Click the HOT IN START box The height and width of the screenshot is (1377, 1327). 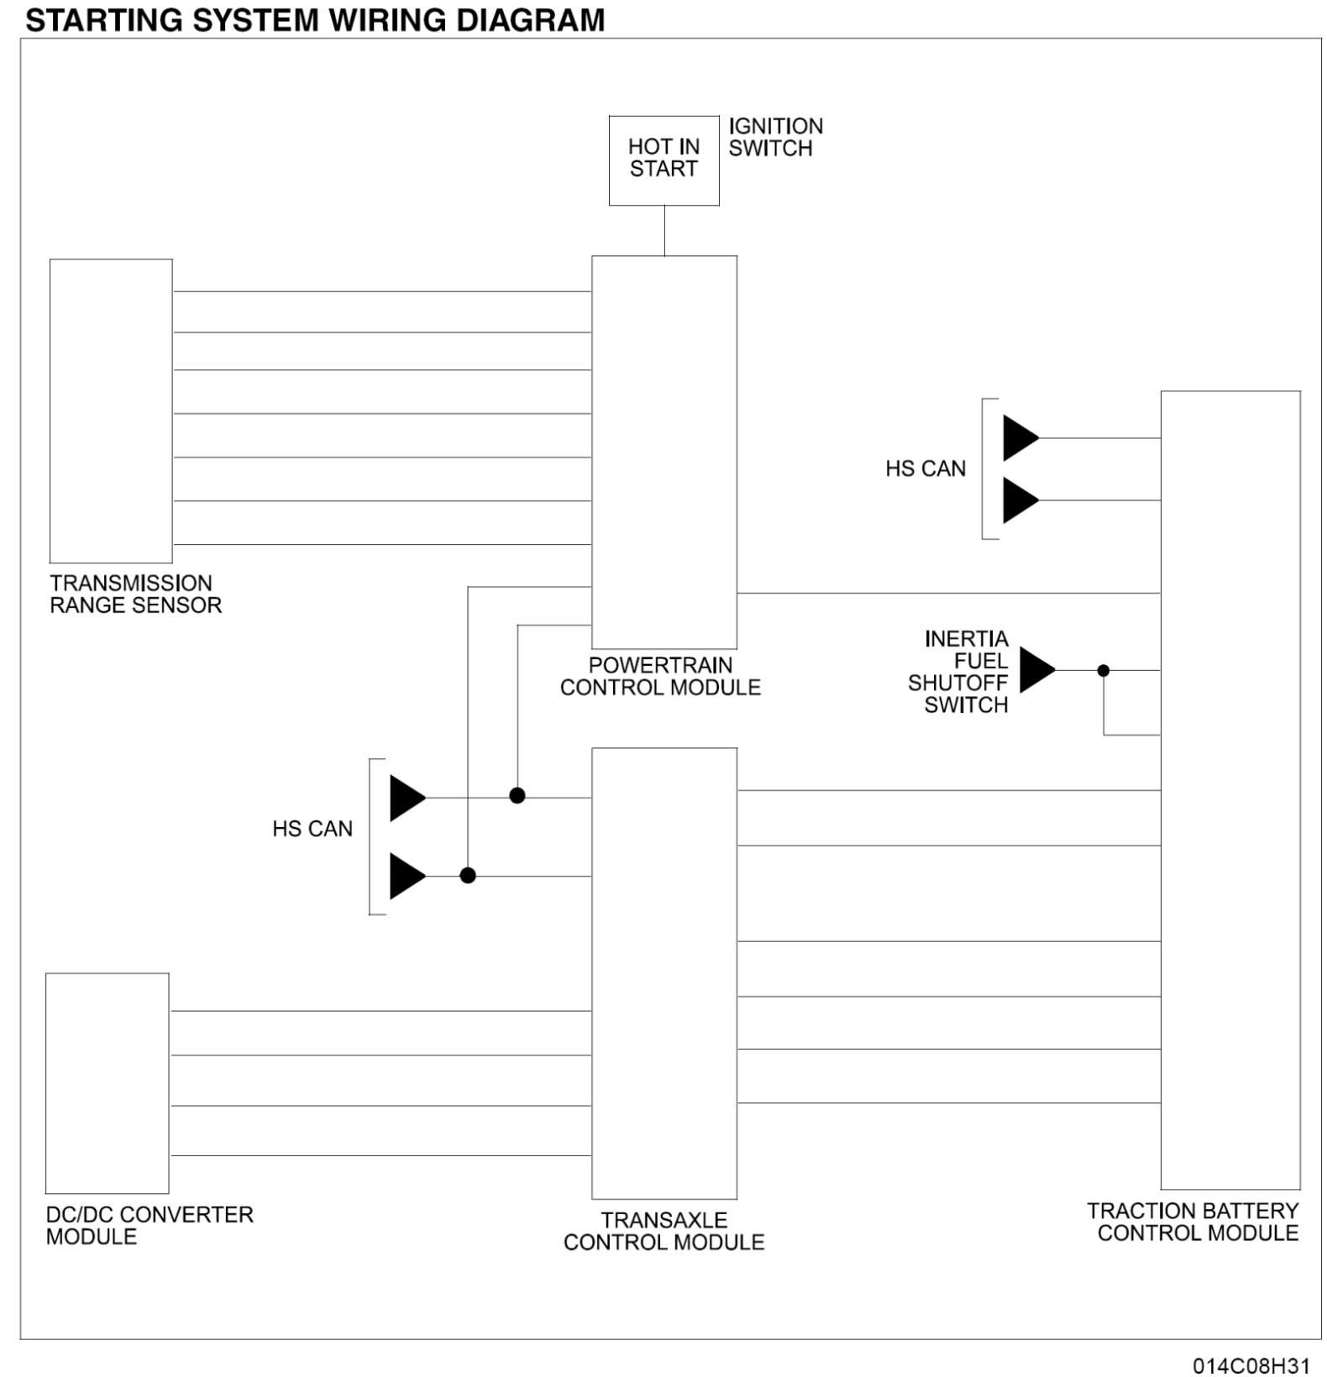click(663, 160)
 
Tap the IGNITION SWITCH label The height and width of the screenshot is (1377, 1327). click(774, 138)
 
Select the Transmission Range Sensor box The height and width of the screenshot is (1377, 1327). click(111, 411)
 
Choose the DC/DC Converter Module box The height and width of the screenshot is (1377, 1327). click(107, 1082)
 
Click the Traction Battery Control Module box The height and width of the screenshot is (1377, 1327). click(1230, 789)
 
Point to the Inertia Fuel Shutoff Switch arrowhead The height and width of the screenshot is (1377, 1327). click(1036, 670)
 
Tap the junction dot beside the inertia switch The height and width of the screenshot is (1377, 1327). click(1104, 670)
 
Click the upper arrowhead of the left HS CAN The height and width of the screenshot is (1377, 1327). click(406, 798)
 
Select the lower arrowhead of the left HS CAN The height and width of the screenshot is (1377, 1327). click(406, 876)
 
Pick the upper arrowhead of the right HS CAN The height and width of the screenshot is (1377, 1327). click(1020, 438)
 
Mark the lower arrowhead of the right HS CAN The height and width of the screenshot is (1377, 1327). click(1020, 500)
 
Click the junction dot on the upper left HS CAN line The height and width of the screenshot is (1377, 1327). click(517, 795)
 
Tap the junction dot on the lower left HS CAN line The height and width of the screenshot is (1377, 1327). click(468, 876)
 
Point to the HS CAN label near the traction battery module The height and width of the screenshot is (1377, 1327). click(925, 469)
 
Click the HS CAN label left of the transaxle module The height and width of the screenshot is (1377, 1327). click(312, 829)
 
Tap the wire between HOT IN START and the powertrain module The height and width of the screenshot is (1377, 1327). click(664, 230)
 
